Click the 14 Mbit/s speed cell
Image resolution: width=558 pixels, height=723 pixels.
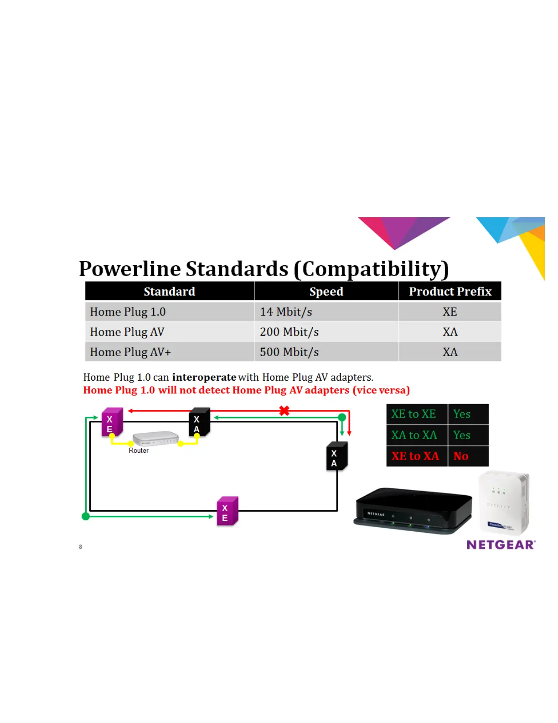[286, 312]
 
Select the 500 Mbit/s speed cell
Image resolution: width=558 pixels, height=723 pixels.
[289, 352]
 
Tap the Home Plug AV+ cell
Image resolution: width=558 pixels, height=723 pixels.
[130, 352]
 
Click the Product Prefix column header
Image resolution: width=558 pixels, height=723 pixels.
[450, 291]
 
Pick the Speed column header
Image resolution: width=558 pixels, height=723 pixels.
[326, 291]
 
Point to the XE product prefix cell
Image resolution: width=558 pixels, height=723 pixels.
[449, 312]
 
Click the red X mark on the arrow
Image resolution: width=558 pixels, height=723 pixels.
[284, 410]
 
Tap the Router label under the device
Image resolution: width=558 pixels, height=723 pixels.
[139, 451]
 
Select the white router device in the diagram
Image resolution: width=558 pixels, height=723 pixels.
[155, 438]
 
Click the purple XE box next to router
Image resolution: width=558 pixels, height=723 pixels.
[112, 422]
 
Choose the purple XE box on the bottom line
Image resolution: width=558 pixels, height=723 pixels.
[227, 511]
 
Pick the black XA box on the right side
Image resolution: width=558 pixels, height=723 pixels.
[336, 456]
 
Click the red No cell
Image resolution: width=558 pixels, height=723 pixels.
[461, 456]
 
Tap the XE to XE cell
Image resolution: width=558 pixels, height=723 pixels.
[413, 414]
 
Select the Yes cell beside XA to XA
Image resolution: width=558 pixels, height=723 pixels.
[462, 435]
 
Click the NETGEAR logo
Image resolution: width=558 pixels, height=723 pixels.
[501, 545]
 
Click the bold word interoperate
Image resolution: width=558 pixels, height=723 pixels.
[204, 377]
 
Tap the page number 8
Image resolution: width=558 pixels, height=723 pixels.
[81, 547]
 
